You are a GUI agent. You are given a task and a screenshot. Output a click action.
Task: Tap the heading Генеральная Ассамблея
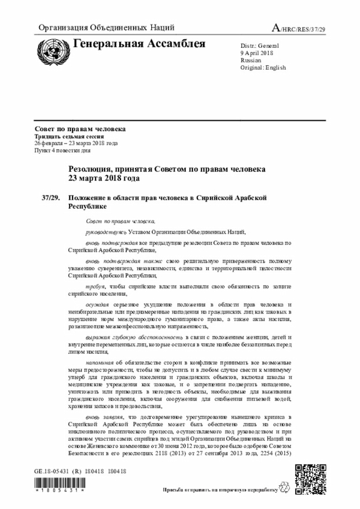click(x=139, y=44)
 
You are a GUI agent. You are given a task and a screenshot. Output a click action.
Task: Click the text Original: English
click(x=263, y=67)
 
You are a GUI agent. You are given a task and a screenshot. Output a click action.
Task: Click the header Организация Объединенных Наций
click(x=106, y=28)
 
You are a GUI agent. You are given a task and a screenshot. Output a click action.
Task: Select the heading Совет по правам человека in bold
click(x=80, y=129)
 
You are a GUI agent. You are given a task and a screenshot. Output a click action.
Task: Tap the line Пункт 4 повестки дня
click(x=62, y=151)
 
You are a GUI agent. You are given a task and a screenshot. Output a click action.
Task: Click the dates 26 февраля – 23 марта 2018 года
click(x=76, y=143)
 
